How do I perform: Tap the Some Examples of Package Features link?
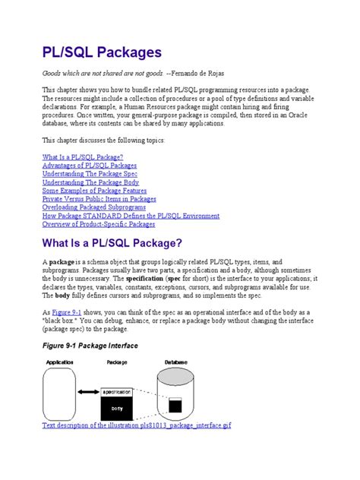coord(94,191)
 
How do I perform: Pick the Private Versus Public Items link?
coord(99,199)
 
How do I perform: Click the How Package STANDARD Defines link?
coord(131,216)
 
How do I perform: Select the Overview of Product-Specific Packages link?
coord(99,224)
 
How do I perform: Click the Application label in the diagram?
coord(60,363)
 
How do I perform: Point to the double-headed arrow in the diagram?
coord(87,398)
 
